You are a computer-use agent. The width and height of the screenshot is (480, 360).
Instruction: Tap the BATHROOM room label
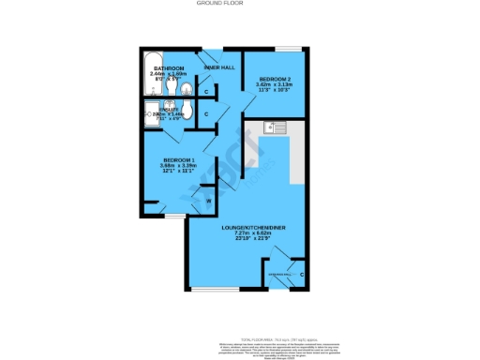pos(170,68)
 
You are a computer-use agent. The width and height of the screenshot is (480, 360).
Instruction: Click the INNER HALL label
pos(219,67)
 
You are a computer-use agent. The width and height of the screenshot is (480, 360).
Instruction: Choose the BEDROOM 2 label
pos(276,77)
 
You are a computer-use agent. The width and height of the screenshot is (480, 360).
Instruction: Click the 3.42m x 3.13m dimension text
pos(276,83)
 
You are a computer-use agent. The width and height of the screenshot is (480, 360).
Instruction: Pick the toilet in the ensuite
pos(187,112)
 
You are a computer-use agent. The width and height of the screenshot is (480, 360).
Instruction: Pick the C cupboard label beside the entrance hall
pos(301,274)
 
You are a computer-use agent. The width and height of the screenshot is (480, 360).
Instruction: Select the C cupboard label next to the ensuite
pos(206,113)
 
